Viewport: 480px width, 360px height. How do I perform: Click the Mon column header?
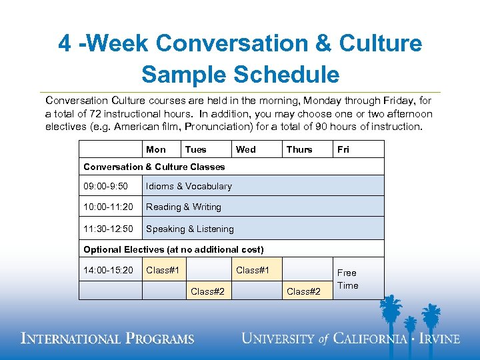click(156, 149)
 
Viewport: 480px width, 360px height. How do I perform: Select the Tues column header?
click(196, 149)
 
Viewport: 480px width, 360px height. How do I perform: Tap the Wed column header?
click(246, 149)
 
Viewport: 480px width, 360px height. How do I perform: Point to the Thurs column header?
click(299, 149)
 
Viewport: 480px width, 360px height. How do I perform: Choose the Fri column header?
click(343, 149)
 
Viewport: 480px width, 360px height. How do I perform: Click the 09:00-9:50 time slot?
click(105, 186)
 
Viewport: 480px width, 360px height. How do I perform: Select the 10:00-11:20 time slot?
click(107, 207)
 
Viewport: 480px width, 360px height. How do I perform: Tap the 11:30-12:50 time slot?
click(107, 229)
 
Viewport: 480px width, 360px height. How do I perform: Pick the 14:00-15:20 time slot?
click(107, 270)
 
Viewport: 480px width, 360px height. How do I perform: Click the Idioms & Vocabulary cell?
click(189, 186)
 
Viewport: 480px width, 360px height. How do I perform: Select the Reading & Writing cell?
click(183, 207)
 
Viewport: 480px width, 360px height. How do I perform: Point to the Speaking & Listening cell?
click(190, 229)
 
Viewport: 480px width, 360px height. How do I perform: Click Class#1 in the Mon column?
click(163, 270)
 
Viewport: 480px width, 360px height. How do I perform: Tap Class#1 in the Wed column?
click(253, 270)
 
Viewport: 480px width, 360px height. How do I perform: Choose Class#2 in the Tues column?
click(207, 291)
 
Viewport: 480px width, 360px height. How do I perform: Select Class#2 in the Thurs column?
click(303, 291)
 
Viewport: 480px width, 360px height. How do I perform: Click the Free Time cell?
click(347, 279)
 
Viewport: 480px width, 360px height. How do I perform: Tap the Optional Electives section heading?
click(173, 249)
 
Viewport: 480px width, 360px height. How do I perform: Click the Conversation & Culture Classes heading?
click(154, 167)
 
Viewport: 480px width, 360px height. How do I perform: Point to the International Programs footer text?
click(108, 339)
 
